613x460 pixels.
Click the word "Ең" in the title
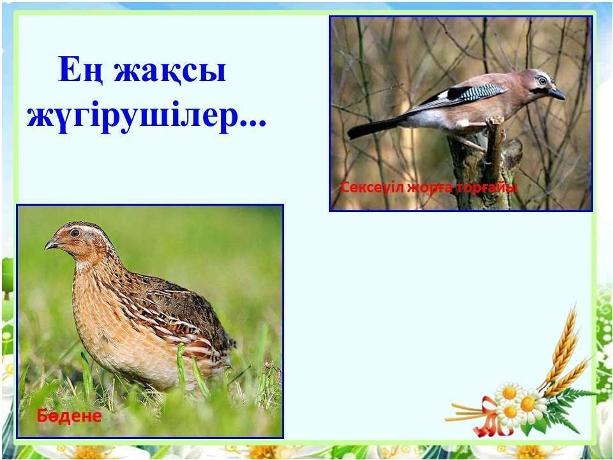click(x=81, y=70)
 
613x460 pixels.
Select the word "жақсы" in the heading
click(x=170, y=71)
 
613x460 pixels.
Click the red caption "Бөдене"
click(x=69, y=416)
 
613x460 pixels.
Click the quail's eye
click(x=75, y=233)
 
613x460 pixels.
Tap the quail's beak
click(x=52, y=245)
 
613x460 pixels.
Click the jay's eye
click(x=542, y=80)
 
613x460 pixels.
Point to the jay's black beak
click(x=557, y=93)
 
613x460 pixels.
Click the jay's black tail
click(x=375, y=126)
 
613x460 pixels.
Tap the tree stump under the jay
click(x=485, y=164)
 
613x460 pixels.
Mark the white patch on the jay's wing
click(x=443, y=95)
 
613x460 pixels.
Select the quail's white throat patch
click(x=83, y=266)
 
